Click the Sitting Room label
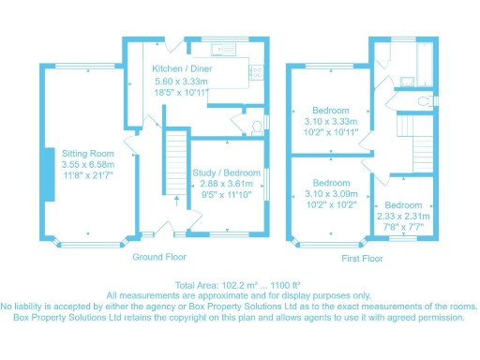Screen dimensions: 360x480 pos(88,153)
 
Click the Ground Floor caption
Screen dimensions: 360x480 pos(159,256)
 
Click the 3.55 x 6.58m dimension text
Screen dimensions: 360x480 pos(88,164)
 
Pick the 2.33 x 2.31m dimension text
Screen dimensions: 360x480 pos(402,216)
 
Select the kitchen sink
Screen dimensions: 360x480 pos(222,48)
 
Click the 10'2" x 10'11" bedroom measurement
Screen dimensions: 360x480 pos(332,132)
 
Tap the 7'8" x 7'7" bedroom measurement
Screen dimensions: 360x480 pos(402,226)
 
